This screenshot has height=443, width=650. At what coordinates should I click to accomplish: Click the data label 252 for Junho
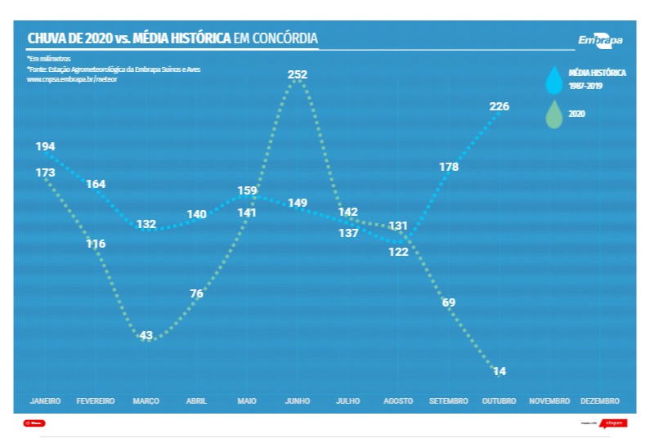click(x=298, y=74)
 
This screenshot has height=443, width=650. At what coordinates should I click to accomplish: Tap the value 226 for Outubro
click(x=499, y=107)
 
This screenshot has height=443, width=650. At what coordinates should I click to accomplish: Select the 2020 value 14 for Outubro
click(x=500, y=372)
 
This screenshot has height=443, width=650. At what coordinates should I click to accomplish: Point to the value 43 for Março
click(x=146, y=336)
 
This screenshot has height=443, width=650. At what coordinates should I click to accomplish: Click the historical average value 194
click(x=46, y=147)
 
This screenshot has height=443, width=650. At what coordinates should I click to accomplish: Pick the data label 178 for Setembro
click(x=449, y=167)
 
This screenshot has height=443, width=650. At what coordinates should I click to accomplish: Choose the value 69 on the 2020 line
click(x=449, y=303)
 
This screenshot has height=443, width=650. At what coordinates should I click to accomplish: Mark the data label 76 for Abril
click(x=196, y=294)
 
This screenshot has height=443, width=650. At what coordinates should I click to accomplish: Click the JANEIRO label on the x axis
click(x=45, y=401)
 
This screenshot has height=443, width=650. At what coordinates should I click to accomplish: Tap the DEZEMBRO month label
click(x=599, y=401)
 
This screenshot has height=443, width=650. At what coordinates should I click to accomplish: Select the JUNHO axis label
click(x=297, y=401)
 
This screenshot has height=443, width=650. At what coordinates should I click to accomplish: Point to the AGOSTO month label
click(x=398, y=401)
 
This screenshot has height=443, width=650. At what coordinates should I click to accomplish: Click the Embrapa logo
click(x=600, y=41)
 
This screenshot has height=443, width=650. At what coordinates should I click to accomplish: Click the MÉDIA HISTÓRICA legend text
click(x=597, y=73)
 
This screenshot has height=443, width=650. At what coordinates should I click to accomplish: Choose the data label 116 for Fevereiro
click(x=96, y=244)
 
